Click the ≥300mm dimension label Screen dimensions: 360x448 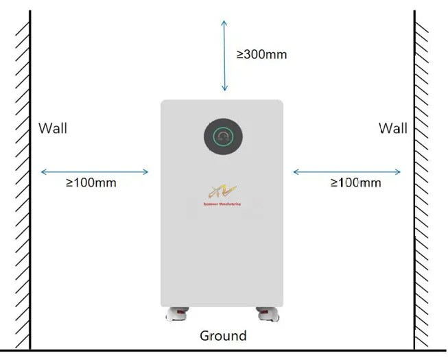(x=261, y=54)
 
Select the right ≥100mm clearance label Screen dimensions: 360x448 (x=355, y=182)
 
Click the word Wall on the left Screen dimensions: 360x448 (x=53, y=128)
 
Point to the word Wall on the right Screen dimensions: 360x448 (x=392, y=128)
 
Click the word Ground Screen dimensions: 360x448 (x=223, y=336)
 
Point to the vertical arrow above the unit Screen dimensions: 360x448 (x=223, y=55)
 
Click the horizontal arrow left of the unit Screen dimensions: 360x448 (x=95, y=171)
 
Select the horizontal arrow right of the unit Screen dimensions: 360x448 (x=347, y=171)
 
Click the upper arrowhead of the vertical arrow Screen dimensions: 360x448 (x=223, y=23)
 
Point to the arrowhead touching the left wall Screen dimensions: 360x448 (x=43, y=171)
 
